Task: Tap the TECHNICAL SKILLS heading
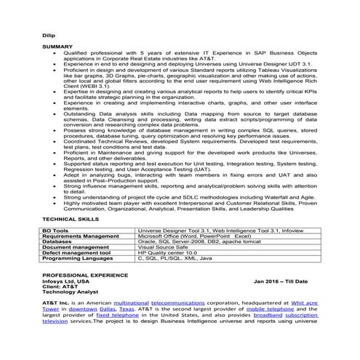[x=69, y=218]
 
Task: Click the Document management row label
[x=76, y=247]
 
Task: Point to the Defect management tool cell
[x=78, y=253]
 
